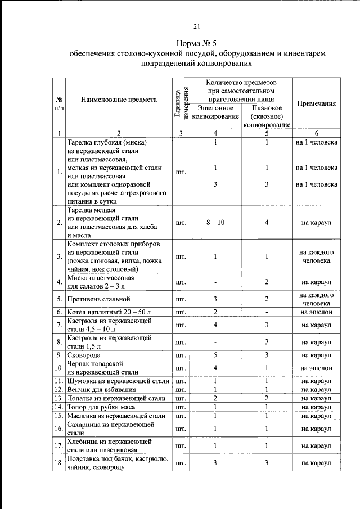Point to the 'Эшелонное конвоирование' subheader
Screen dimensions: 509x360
(x=215, y=112)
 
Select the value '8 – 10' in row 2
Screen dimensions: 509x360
(x=215, y=223)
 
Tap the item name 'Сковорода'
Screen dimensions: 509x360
(x=84, y=355)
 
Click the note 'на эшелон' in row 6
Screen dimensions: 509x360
(x=317, y=312)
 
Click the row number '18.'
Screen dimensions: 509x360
(x=58, y=463)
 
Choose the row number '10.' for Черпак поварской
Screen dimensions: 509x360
(x=58, y=368)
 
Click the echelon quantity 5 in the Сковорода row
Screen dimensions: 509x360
(x=215, y=355)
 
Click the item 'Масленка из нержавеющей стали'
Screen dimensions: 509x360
(x=116, y=416)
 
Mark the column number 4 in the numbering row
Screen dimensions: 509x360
(x=215, y=133)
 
